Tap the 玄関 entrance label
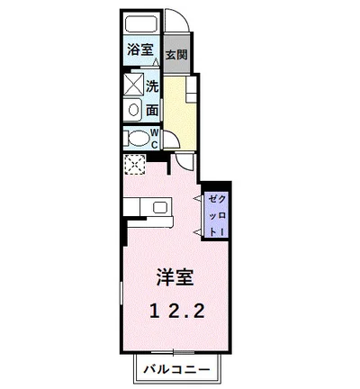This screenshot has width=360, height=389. point(176,54)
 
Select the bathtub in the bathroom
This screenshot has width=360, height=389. point(140,26)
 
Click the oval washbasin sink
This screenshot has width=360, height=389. point(133,111)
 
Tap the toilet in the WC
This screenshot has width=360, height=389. point(138,140)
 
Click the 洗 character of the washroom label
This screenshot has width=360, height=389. point(152,87)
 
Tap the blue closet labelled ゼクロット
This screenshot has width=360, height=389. point(215,213)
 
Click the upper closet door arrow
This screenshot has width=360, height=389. point(198,195)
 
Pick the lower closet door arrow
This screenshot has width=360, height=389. point(198,233)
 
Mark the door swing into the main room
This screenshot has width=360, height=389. point(184,161)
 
